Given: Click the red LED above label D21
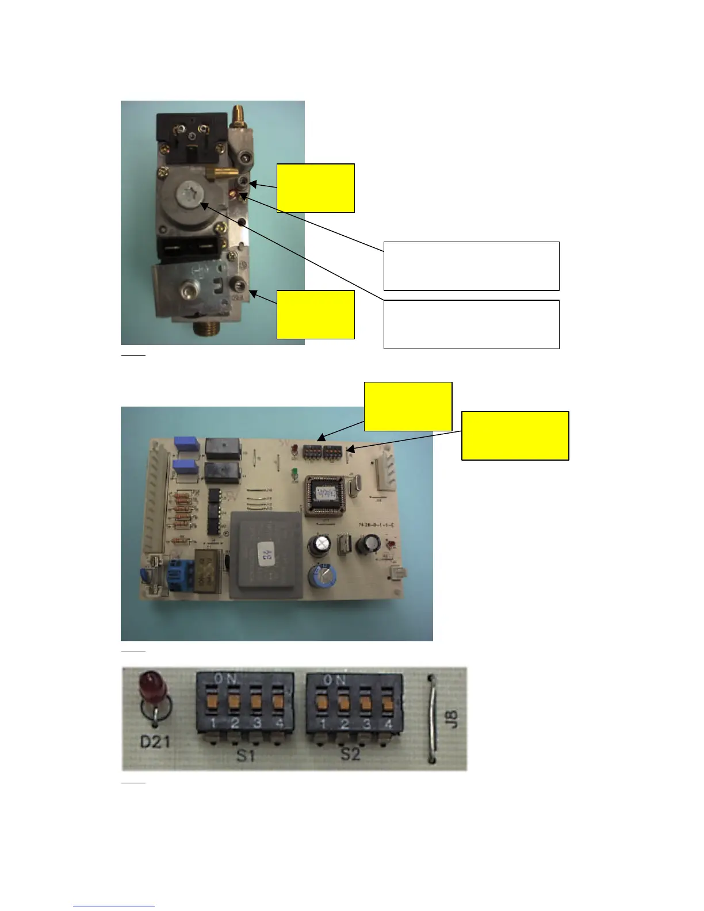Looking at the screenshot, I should [151, 687].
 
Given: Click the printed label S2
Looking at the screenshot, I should [349, 754].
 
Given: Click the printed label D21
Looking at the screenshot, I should [155, 742].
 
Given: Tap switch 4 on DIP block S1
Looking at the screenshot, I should [278, 701].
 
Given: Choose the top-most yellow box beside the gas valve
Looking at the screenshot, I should [316, 188].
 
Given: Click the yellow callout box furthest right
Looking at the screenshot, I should [515, 435].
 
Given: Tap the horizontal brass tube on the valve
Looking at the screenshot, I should [214, 173].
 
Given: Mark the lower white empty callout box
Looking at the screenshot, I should [471, 324].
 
